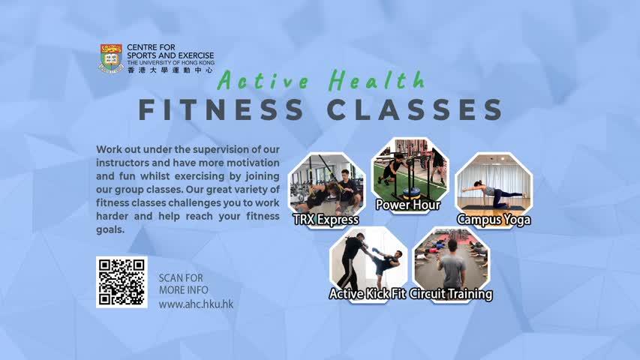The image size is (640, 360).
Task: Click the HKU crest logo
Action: [112, 58]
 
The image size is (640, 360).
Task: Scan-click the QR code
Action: [122, 282]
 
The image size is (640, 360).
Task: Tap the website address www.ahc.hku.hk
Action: [196, 304]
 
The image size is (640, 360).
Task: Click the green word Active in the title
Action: [263, 80]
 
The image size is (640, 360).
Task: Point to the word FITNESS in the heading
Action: [221, 109]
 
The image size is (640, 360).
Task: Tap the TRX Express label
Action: [326, 220]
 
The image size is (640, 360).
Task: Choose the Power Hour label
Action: [407, 205]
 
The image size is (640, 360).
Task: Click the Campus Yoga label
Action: [494, 220]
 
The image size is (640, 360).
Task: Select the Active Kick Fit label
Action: [368, 294]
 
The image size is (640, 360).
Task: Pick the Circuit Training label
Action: [451, 294]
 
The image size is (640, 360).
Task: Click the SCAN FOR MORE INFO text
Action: [183, 284]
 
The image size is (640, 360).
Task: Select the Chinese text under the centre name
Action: [170, 70]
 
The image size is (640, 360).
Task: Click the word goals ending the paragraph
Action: [110, 229]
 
